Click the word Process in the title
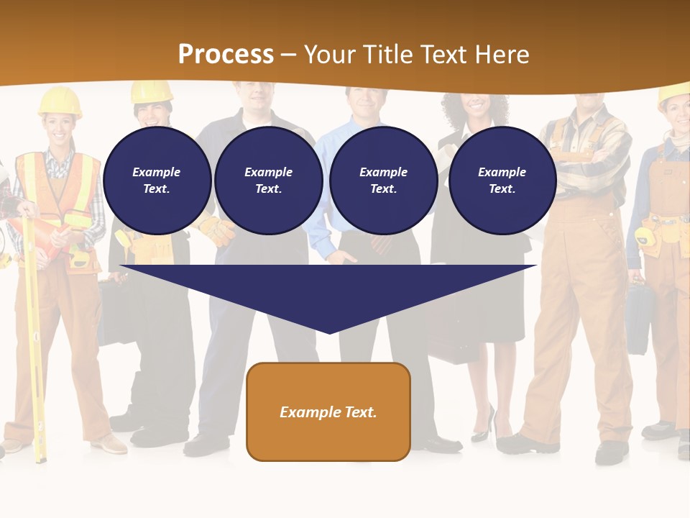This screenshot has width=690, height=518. [226, 55]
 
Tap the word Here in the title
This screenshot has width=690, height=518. [500, 55]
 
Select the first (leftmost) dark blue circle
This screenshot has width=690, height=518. [157, 180]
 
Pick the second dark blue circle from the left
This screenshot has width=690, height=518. [268, 180]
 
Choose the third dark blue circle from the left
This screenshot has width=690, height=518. [383, 180]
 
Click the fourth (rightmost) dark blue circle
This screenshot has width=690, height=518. [502, 180]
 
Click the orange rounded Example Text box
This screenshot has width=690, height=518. [328, 412]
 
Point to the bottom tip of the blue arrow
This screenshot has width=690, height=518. [329, 332]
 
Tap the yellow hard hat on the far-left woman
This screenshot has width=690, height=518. [60, 101]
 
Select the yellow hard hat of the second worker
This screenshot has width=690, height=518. [152, 91]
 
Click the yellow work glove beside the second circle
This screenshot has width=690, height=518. [217, 229]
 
